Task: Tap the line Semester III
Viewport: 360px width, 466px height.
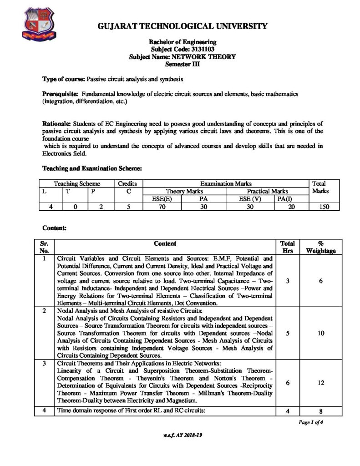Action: [x=182, y=64]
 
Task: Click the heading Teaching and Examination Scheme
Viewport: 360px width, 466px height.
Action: [x=92, y=168]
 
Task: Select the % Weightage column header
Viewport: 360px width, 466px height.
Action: [x=321, y=247]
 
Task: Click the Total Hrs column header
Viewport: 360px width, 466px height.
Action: [x=288, y=247]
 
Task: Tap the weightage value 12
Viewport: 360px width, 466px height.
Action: [x=321, y=383]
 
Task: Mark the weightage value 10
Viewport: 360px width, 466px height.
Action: [x=321, y=333]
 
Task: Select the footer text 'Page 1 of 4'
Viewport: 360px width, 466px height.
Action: [x=311, y=422]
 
